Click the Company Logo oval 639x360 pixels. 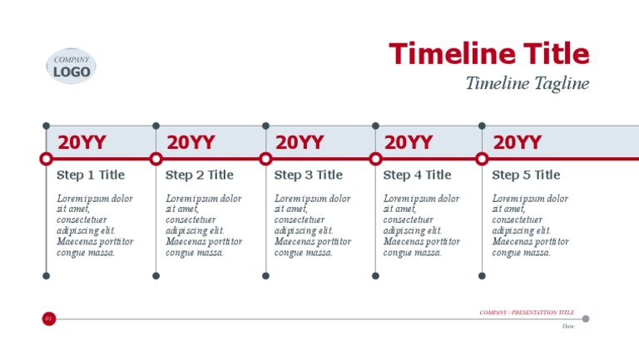coord(72,67)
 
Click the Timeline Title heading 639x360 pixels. coord(489,54)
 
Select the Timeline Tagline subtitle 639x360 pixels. coord(527,83)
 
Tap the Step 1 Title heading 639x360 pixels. coord(91,175)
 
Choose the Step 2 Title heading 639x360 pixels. coord(200,175)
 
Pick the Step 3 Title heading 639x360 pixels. coord(309,175)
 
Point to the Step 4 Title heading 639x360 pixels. coord(418,175)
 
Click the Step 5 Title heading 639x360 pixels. coord(527,175)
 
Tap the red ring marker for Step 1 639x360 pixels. coord(47,159)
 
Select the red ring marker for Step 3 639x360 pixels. coord(265,159)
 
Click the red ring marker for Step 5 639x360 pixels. coord(482,159)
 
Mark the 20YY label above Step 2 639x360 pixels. coord(191,142)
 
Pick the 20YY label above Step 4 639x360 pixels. coord(409,142)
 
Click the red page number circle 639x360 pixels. coord(48,318)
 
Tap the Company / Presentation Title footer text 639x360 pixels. coord(527,313)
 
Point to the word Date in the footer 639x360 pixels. coord(568,326)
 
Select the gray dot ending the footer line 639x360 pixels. coord(586,318)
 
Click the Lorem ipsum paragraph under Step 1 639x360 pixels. coord(95,225)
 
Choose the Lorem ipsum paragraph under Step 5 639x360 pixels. coord(531,225)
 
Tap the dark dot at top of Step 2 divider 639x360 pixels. coord(156,126)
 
